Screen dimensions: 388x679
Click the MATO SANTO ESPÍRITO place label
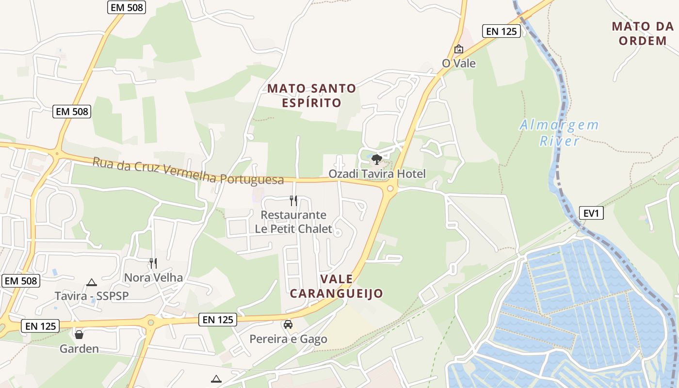[311, 96]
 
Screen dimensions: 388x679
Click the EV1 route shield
[591, 213]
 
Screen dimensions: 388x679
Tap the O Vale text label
[459, 64]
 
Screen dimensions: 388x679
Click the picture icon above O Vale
[458, 49]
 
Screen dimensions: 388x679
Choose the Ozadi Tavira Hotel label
[377, 174]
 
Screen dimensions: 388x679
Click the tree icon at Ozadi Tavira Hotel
[376, 159]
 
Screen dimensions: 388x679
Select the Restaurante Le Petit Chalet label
[294, 222]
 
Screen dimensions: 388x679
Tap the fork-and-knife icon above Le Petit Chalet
[293, 201]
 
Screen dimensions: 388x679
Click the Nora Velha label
[153, 277]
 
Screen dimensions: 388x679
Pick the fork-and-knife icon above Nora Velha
[153, 263]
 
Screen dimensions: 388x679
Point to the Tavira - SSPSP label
[92, 296]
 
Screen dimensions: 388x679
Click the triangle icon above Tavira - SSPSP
[91, 282]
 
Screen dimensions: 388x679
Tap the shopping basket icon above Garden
[79, 335]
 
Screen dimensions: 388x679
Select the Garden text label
[79, 349]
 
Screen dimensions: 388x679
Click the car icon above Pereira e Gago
[288, 324]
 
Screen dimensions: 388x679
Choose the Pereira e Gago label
[288, 339]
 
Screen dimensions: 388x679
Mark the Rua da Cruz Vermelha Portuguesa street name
[188, 171]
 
